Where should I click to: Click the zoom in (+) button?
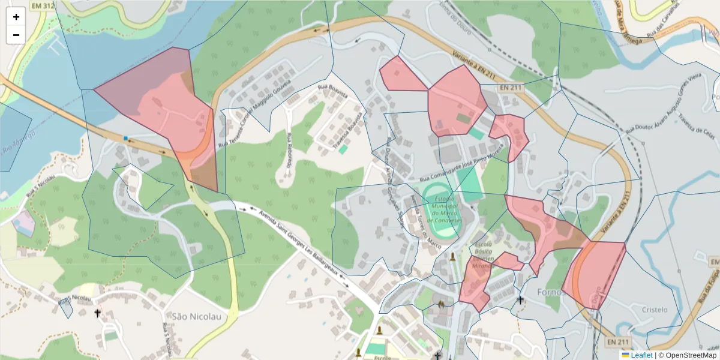tap(16, 17)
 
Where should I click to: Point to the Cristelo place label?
tap(654, 310)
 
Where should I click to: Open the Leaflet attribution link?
tap(641, 355)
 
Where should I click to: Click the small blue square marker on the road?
tap(125, 139)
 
